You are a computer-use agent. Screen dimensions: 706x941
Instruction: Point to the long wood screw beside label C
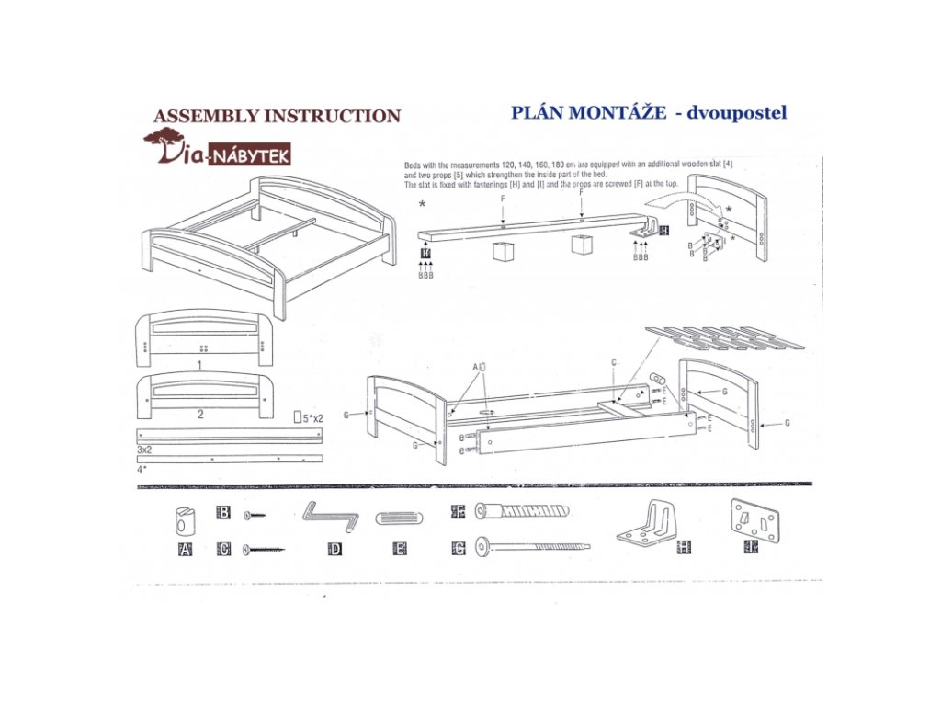265,550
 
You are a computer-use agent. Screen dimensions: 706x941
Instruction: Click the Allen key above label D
331,517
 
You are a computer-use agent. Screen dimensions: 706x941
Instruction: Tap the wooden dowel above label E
401,518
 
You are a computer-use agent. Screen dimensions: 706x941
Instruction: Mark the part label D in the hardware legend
334,550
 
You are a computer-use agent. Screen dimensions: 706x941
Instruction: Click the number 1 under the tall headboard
199,365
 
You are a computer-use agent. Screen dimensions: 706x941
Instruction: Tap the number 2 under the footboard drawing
200,414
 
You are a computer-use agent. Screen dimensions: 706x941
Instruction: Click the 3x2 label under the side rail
144,450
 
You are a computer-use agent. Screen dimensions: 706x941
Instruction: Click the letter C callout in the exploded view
614,362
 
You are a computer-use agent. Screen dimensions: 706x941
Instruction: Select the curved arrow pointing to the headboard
684,196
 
